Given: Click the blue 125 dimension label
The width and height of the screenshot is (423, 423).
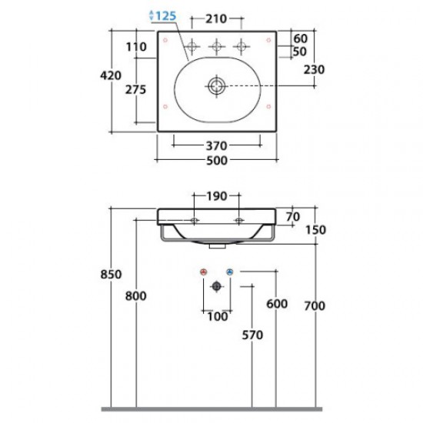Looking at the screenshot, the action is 166,16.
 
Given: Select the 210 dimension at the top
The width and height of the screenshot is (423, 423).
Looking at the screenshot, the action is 216,19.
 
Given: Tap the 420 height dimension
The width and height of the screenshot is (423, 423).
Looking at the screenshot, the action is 111,75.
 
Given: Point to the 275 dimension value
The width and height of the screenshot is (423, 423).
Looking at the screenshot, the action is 135,89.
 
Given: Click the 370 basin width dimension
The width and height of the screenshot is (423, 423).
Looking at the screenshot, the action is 217,146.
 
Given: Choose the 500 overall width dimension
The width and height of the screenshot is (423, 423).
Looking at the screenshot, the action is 217,161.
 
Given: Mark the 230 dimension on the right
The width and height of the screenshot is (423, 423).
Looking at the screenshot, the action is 314,69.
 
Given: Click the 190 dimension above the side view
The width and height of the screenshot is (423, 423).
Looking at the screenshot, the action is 217,196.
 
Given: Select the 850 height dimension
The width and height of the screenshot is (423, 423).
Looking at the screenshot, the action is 111,275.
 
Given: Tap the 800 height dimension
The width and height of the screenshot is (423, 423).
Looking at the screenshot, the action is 135,296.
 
